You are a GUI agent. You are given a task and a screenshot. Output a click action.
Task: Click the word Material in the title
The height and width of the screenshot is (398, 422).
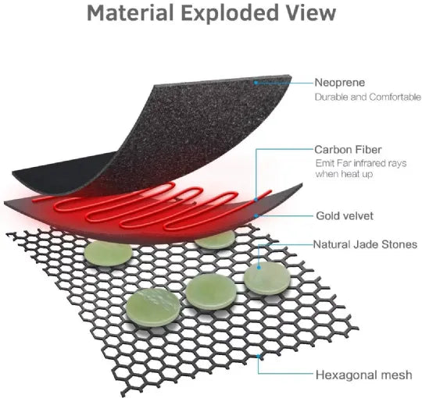131,12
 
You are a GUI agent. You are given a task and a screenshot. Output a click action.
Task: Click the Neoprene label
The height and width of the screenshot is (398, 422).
340,83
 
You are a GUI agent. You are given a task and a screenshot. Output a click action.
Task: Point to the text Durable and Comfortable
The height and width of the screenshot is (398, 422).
367,97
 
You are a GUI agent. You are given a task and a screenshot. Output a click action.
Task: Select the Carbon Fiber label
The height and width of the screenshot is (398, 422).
348,150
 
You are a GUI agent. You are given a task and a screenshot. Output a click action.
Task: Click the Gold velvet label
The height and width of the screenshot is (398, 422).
345,216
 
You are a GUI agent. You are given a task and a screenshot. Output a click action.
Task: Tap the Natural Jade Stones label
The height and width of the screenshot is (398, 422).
365,244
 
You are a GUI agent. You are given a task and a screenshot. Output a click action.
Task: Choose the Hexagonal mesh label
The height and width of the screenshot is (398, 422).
364,375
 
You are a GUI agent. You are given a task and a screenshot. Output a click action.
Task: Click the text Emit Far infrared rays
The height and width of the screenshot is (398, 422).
361,163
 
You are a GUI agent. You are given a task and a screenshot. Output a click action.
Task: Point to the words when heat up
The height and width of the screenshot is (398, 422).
344,173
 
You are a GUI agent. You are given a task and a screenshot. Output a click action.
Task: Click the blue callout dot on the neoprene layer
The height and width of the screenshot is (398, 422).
256,83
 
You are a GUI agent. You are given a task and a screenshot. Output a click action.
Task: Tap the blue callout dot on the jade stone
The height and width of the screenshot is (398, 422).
259,268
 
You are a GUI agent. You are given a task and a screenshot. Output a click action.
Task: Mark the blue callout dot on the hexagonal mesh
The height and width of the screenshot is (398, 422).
259,357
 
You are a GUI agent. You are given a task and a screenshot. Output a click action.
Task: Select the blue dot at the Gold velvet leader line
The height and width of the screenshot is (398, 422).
256,216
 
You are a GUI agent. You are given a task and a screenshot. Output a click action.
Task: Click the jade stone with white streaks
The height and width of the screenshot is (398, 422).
153,307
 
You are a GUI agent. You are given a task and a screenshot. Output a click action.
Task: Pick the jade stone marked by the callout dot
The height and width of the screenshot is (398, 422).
267,278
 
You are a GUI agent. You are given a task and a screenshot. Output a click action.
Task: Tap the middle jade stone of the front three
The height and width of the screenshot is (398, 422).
211,292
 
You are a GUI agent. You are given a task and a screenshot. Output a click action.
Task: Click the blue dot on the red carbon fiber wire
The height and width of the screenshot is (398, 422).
256,200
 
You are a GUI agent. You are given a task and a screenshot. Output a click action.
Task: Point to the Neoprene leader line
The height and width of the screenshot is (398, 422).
285,83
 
